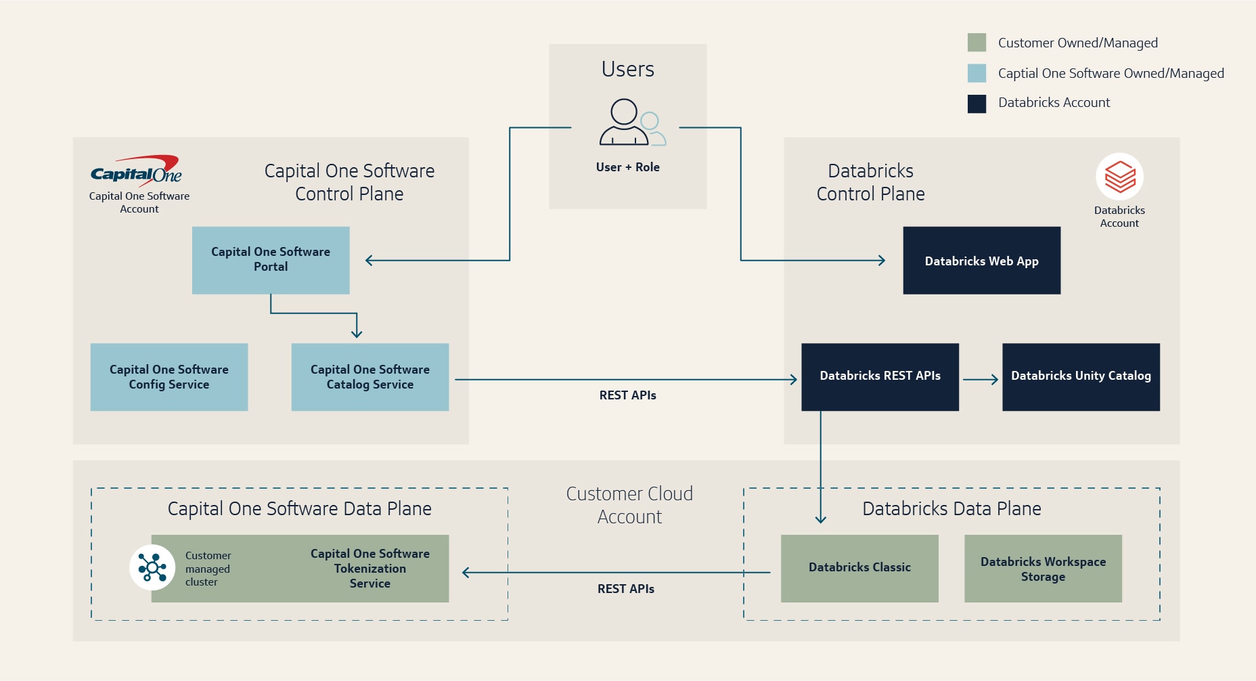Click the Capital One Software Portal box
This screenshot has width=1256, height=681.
(271, 260)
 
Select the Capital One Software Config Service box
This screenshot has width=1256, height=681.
(169, 377)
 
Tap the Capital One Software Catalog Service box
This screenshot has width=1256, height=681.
(370, 377)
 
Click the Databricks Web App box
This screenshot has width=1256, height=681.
(981, 261)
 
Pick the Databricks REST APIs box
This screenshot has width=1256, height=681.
(880, 376)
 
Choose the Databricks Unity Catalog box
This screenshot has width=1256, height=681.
(1081, 376)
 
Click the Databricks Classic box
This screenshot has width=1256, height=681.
(859, 568)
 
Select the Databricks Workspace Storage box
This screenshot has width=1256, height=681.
(1043, 569)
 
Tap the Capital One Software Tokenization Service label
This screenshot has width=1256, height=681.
(370, 569)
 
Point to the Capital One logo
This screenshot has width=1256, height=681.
(136, 171)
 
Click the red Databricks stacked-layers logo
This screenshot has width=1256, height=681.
(1120, 177)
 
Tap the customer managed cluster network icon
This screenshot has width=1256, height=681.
(152, 567)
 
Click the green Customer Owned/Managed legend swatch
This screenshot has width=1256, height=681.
(977, 43)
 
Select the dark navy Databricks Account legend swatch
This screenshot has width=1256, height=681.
(977, 104)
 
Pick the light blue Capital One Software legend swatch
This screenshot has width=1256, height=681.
(977, 73)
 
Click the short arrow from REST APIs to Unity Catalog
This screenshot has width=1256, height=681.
(981, 380)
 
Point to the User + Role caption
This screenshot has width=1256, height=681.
(627, 167)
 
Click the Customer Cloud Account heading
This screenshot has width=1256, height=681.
(629, 505)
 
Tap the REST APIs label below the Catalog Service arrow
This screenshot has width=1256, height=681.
(627, 395)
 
